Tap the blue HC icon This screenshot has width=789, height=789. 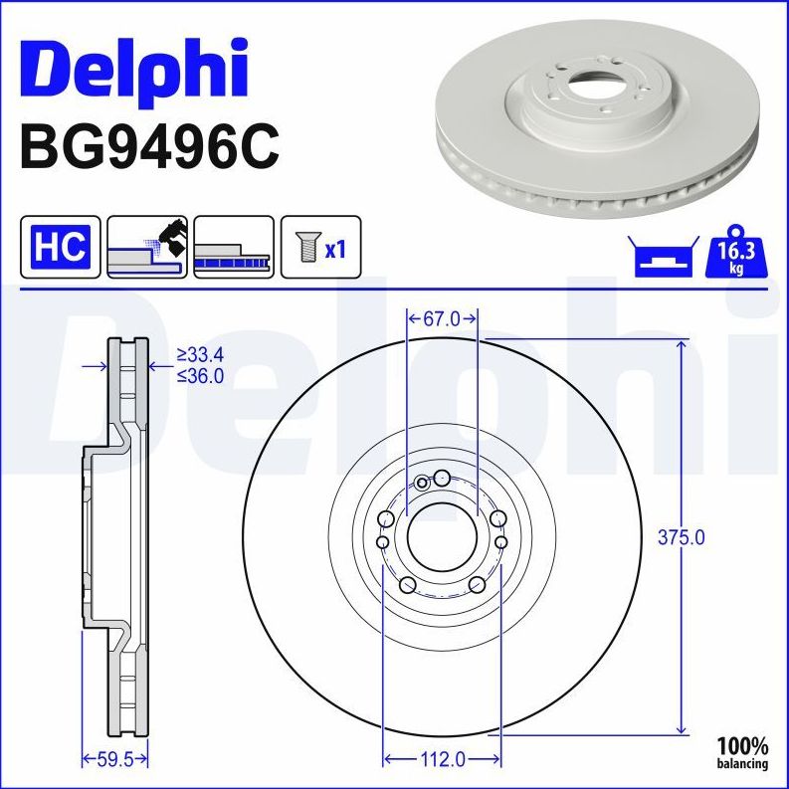pyautogui.click(x=61, y=246)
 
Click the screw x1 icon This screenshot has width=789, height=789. pyautogui.click(x=320, y=246)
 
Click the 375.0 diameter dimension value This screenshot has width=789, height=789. pyautogui.click(x=683, y=537)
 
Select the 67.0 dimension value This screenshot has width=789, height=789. pyautogui.click(x=442, y=319)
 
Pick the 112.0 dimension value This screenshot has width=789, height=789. pyautogui.click(x=442, y=760)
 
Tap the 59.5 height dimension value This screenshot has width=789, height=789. pyautogui.click(x=113, y=760)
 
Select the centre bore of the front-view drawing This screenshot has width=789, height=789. pyautogui.click(x=442, y=541)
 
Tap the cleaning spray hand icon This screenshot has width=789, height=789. pyautogui.click(x=147, y=246)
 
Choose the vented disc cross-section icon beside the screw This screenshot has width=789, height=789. pyautogui.click(x=234, y=246)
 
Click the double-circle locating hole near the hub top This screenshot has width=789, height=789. pyautogui.click(x=422, y=483)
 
